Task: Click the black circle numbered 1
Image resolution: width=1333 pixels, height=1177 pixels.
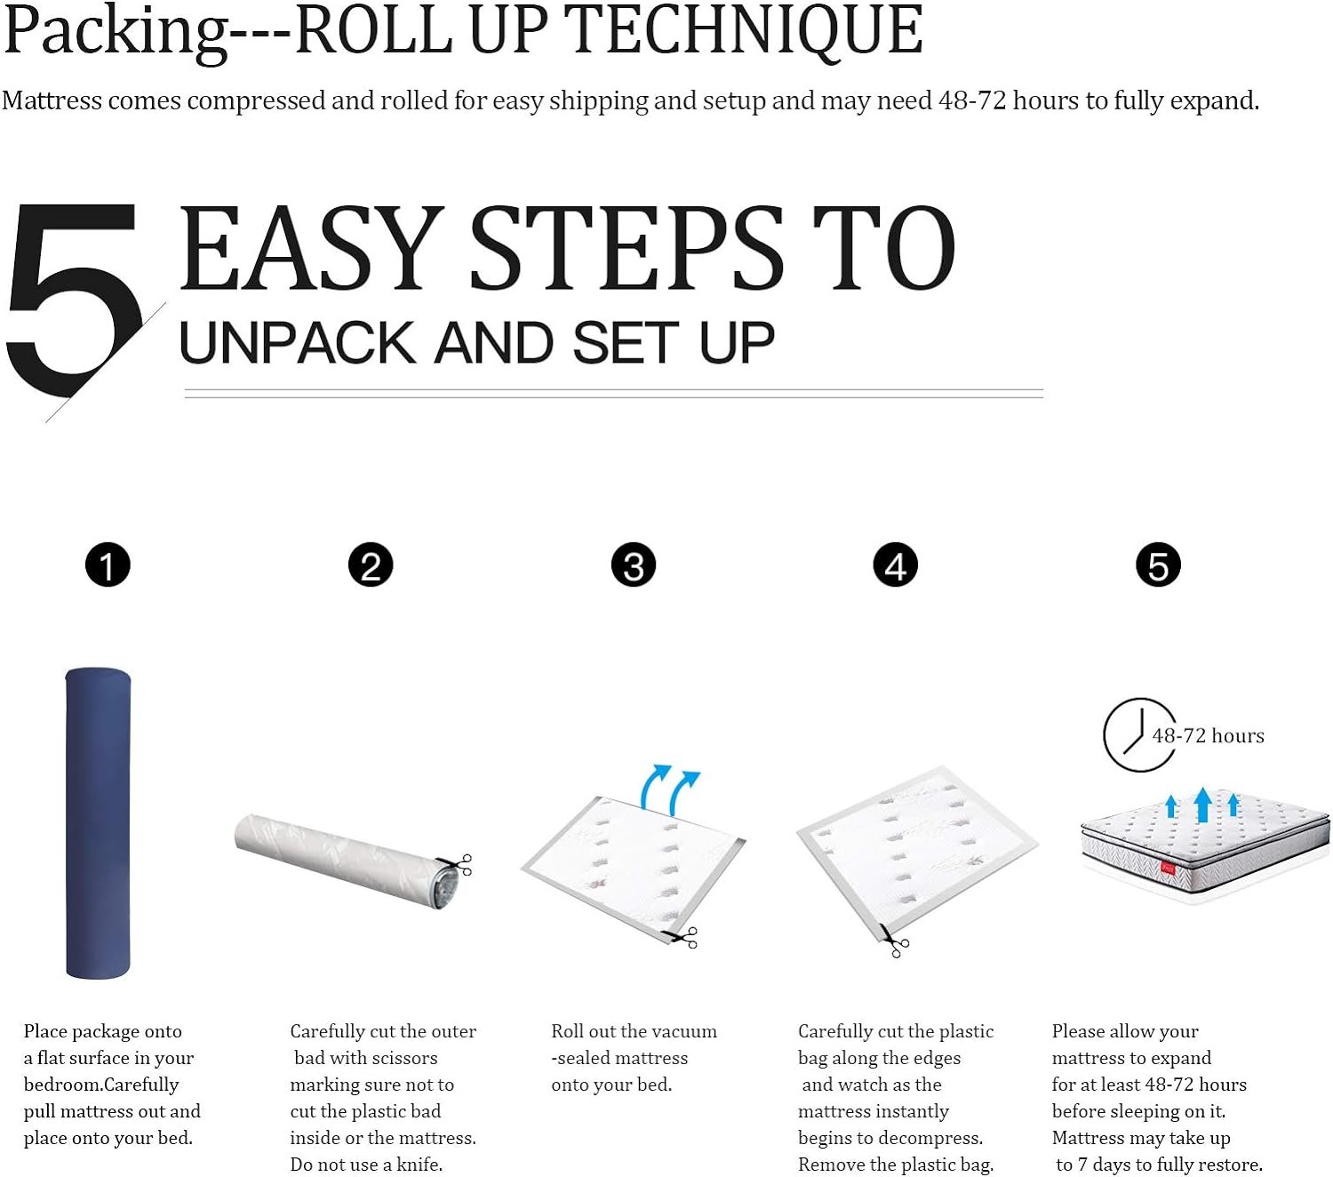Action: click(x=108, y=564)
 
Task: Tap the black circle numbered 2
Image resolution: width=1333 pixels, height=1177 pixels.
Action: click(x=371, y=564)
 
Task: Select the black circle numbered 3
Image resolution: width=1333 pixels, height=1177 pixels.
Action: click(x=633, y=564)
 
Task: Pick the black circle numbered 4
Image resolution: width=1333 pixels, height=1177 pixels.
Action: click(x=895, y=564)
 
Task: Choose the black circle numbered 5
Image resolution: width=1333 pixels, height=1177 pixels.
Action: click(x=1158, y=564)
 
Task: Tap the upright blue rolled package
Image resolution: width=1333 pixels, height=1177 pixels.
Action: click(x=98, y=823)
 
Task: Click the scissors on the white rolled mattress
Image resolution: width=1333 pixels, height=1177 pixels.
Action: click(x=455, y=864)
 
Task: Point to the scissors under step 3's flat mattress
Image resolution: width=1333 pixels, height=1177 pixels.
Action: click(x=681, y=937)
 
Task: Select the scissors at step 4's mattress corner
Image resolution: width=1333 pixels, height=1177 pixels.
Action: click(x=895, y=941)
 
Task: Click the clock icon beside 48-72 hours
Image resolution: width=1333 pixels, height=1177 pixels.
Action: click(x=1139, y=734)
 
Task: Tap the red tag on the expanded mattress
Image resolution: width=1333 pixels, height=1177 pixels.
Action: click(x=1168, y=869)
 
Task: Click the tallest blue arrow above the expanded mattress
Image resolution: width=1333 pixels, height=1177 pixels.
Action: click(x=1202, y=805)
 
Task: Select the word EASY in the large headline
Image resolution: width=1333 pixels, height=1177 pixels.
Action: click(x=310, y=248)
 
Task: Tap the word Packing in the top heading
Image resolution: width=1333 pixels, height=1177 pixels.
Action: click(x=116, y=33)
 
